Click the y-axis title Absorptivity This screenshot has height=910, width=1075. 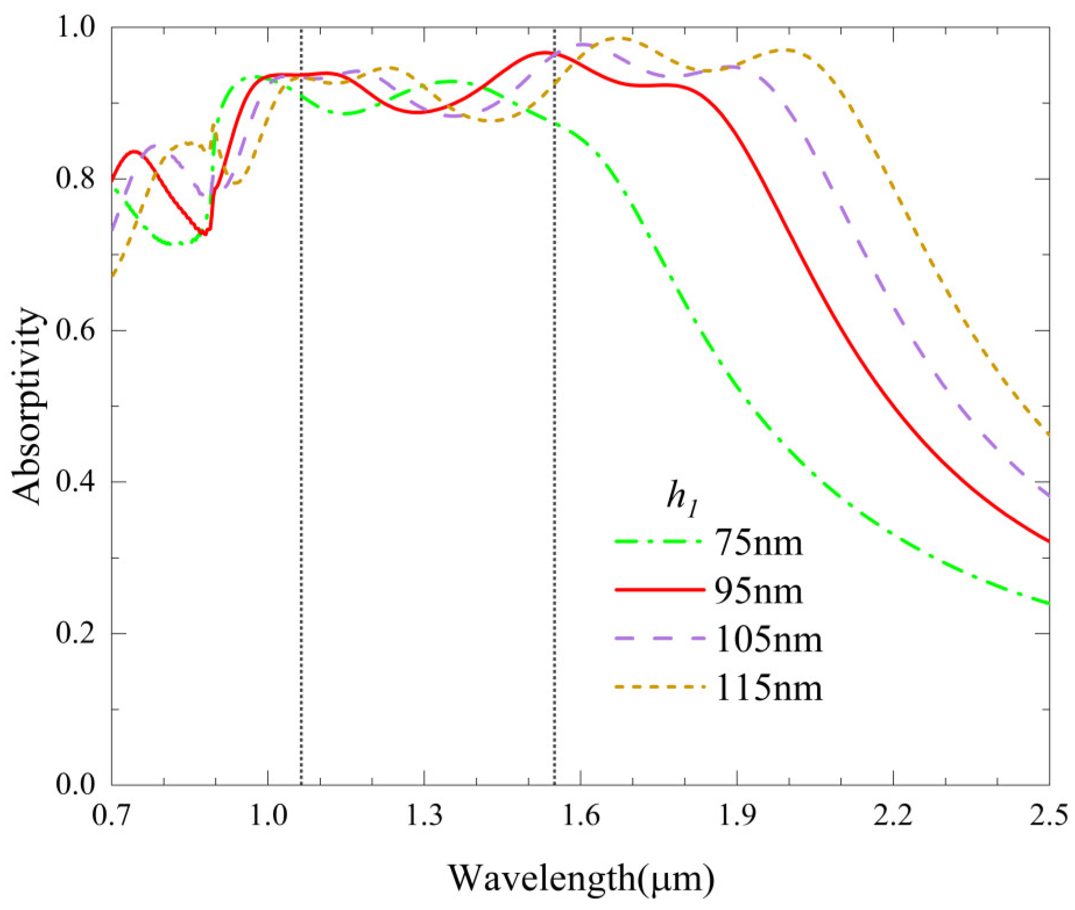(x=27, y=406)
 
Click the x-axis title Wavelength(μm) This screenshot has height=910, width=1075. (x=581, y=877)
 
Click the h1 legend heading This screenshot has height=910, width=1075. (x=682, y=499)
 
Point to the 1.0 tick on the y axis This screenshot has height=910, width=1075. (x=75, y=27)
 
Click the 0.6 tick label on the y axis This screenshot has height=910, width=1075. (x=75, y=330)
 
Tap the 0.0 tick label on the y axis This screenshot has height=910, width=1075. (x=75, y=784)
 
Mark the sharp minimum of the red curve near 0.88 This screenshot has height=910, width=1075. (x=205, y=234)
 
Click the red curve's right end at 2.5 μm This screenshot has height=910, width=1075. (x=1049, y=541)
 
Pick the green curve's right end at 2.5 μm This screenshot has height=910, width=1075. (x=1049, y=604)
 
